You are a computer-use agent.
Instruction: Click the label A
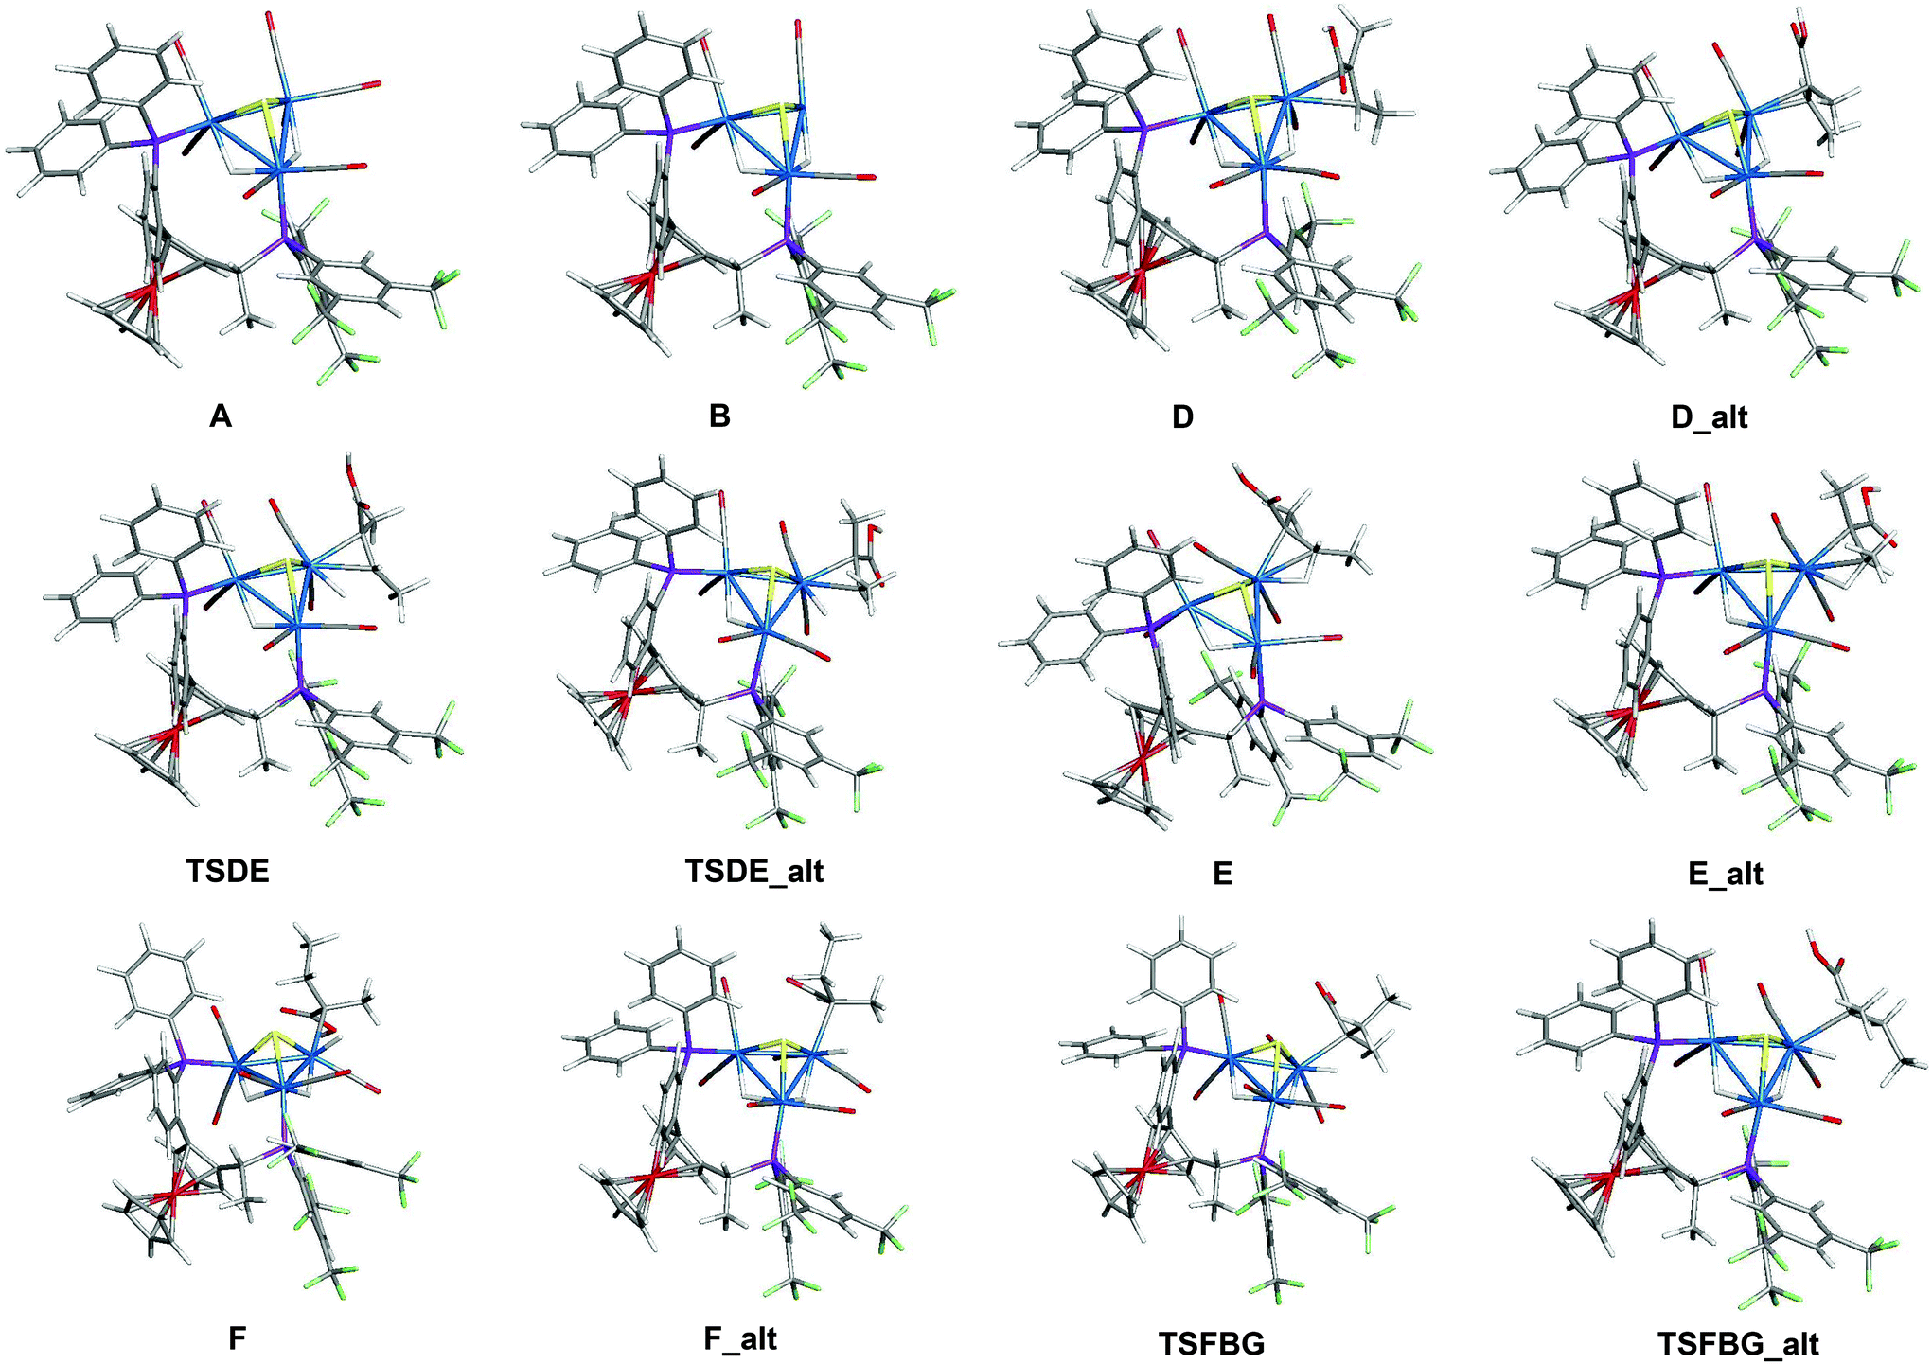point(221,416)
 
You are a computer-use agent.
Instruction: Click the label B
point(719,416)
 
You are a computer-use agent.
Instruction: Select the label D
point(1182,416)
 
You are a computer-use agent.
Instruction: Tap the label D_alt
point(1710,417)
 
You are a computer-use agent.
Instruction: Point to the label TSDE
point(228,871)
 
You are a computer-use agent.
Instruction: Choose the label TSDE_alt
point(754,871)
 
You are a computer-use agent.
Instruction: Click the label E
point(1222,873)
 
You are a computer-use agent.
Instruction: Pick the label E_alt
point(1725,873)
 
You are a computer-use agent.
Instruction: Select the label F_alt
point(741,1338)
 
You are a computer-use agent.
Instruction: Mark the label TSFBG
point(1212,1343)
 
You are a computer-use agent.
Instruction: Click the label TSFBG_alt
point(1738,1343)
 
